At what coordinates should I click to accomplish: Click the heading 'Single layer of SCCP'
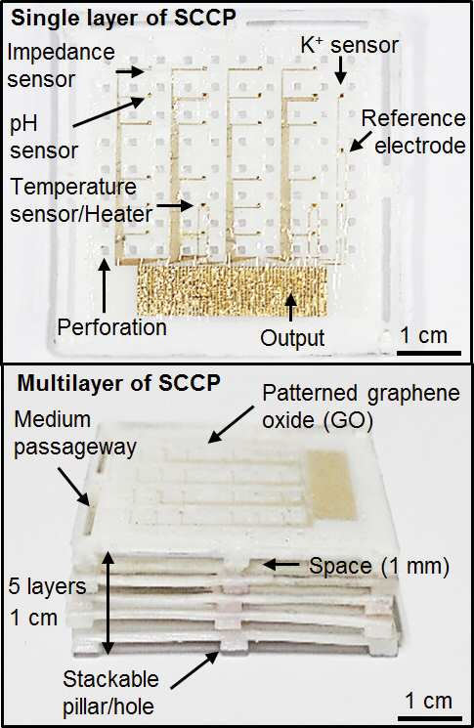tap(123, 19)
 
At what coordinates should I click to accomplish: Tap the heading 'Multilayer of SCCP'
tap(118, 383)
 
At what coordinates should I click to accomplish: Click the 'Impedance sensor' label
tap(61, 65)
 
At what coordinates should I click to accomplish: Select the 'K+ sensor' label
tap(350, 45)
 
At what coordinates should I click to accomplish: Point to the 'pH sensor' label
tap(44, 138)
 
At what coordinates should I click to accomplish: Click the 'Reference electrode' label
tap(413, 132)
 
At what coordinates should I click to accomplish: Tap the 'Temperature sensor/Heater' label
tap(81, 200)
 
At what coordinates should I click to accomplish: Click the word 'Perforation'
tap(111, 327)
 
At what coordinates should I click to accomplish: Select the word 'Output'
tap(292, 337)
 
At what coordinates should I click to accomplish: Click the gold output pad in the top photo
tap(232, 289)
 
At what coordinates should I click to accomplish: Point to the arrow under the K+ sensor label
tap(340, 69)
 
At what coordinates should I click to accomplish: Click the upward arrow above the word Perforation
tap(105, 285)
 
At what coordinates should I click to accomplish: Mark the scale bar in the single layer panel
tap(429, 354)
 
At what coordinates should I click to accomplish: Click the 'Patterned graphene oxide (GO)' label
tap(362, 407)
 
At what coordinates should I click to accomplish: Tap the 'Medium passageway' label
tap(74, 433)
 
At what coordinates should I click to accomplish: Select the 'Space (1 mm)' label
tap(379, 566)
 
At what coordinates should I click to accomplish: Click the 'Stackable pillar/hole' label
tap(110, 693)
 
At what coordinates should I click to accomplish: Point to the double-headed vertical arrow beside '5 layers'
tap(108, 603)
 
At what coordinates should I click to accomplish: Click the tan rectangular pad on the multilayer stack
tap(332, 485)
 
